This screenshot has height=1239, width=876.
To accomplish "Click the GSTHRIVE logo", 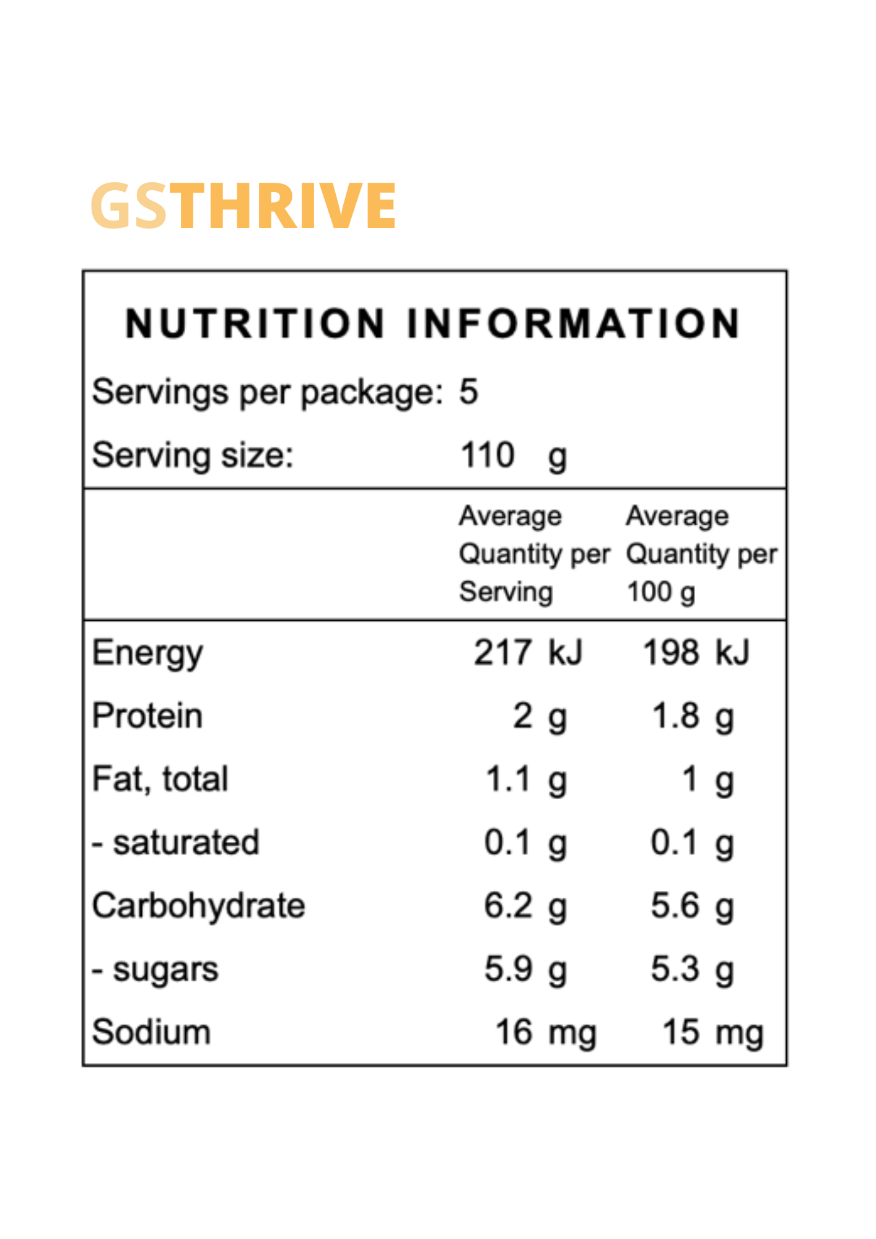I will [x=243, y=206].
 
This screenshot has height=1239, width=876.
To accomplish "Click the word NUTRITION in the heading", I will [x=255, y=323].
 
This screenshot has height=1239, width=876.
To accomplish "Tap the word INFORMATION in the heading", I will [x=573, y=323].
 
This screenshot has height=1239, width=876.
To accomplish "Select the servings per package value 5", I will [x=468, y=392].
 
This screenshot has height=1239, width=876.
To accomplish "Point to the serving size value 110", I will [x=488, y=455].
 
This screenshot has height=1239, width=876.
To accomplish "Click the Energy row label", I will [x=147, y=654].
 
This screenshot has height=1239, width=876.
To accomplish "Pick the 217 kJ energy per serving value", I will [x=528, y=653].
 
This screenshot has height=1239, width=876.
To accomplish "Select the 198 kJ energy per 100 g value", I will [x=696, y=653].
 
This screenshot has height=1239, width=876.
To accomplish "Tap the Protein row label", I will [x=147, y=716].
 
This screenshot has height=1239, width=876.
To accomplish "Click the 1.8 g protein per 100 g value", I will [x=693, y=717].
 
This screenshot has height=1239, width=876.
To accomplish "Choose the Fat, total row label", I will [x=160, y=779].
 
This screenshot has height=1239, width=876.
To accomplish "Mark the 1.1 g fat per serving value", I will [x=525, y=780].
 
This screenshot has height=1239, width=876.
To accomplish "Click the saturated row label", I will [x=185, y=843].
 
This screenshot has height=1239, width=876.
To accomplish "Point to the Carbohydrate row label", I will [x=198, y=906].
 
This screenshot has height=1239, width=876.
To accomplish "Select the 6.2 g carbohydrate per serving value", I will [x=525, y=906].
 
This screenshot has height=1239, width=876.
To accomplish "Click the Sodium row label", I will [x=151, y=1033].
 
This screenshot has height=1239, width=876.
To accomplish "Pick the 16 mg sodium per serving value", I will [x=545, y=1033].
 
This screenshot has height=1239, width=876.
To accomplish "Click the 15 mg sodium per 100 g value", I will [x=712, y=1033].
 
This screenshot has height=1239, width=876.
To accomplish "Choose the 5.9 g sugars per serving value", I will [x=525, y=970].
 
